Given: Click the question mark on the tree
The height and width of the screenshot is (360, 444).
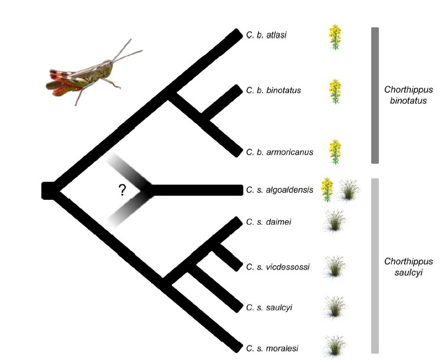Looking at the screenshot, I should click(122, 190).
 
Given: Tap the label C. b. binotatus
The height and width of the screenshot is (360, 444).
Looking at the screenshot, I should click(274, 90).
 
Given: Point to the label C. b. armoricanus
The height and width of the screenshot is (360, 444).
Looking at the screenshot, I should click(280, 152).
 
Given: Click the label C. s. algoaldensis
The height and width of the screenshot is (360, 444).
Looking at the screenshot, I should click(279, 190).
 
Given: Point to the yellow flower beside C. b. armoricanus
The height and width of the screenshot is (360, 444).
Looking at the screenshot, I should click(336, 152).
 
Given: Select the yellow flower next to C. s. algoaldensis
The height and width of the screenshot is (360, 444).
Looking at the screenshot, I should click(327, 189).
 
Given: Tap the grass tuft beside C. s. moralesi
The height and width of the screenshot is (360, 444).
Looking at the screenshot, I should click(335, 346).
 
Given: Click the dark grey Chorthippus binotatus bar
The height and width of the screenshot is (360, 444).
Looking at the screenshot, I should click(374, 95).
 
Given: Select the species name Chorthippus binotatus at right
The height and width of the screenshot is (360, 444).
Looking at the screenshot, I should click(409, 95).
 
